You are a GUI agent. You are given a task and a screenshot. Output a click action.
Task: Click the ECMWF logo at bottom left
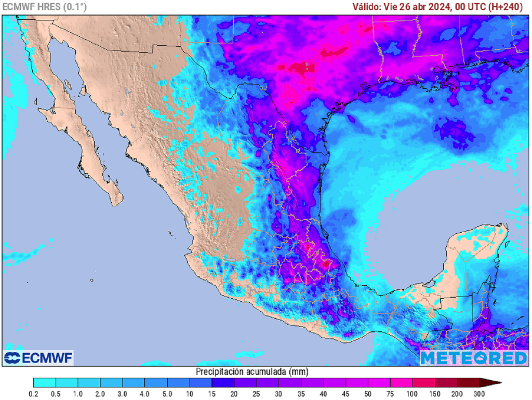(38, 357)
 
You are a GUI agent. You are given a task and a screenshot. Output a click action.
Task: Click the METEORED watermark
(473, 358)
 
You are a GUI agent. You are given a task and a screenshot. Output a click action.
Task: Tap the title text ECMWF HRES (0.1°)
(45, 7)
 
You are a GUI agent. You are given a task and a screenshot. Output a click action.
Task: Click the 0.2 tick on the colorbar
(34, 394)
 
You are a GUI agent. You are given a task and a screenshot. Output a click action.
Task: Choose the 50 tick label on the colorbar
(368, 394)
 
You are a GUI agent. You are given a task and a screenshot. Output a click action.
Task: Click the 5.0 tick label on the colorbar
(167, 394)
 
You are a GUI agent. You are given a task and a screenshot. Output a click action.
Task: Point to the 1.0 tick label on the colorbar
(78, 394)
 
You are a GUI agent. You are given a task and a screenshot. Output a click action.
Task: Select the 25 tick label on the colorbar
(257, 394)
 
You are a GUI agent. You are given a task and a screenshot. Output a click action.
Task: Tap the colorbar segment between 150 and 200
(446, 383)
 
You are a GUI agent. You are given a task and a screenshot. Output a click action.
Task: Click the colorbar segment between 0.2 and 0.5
(45, 383)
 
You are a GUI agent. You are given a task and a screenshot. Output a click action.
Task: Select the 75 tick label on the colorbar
(390, 394)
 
